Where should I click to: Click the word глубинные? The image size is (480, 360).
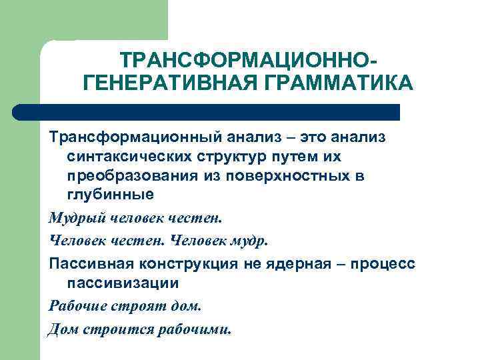[x=111, y=195]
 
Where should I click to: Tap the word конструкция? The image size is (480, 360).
[x=189, y=263]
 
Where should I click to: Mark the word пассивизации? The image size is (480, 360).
[x=123, y=282]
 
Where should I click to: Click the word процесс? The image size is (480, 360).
[x=386, y=263]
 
